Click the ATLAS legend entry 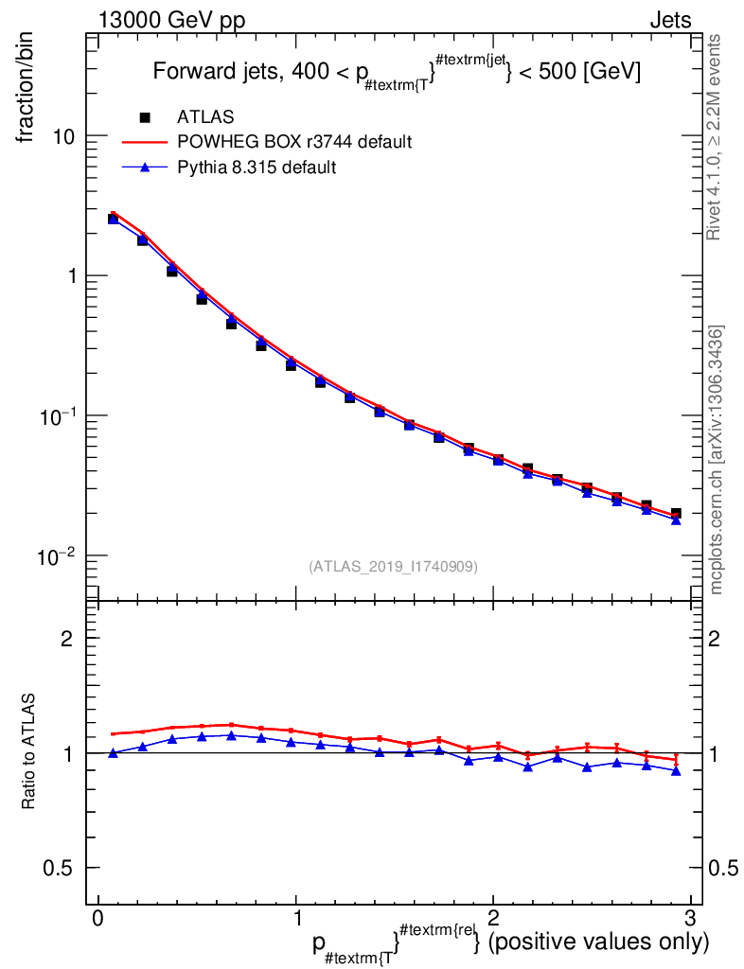[x=204, y=117]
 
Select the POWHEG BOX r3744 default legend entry [x=294, y=142]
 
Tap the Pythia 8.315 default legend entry [x=257, y=167]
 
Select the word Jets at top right [x=669, y=21]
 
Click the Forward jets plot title [x=398, y=72]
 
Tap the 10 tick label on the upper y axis [x=63, y=136]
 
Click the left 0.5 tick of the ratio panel [x=60, y=868]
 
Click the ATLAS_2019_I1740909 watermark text [x=393, y=567]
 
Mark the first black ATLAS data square [x=114, y=219]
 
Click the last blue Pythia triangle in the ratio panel [x=676, y=771]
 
